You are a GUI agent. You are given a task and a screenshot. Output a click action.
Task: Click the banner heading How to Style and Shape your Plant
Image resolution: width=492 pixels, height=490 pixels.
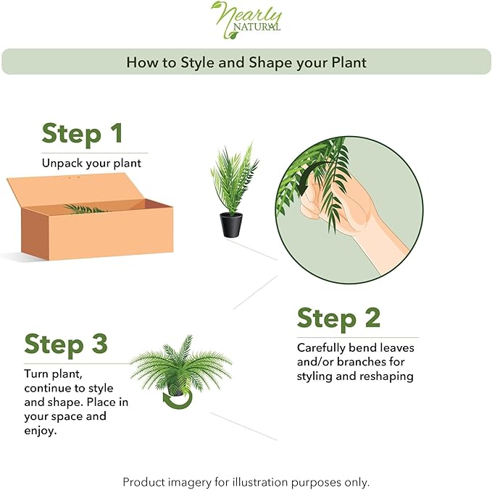click(x=246, y=62)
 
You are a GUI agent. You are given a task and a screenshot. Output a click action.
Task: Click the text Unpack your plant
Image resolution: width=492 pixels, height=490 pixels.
click(x=91, y=163)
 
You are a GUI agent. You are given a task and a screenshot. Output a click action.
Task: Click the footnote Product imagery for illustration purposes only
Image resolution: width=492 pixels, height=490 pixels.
click(x=246, y=482)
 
